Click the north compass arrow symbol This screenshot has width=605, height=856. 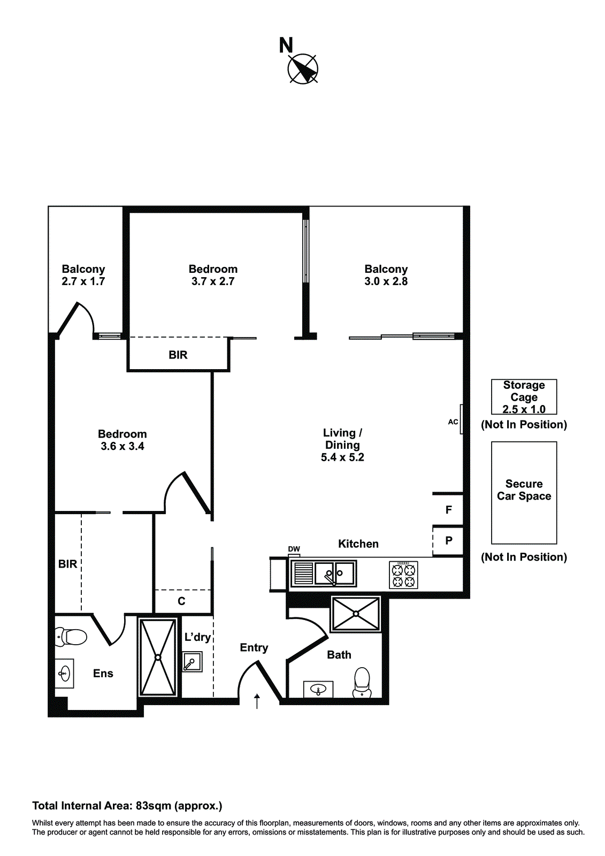click(303, 69)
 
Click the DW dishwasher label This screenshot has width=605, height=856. click(294, 549)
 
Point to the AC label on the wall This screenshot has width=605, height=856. click(453, 422)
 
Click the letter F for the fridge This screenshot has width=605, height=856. click(449, 510)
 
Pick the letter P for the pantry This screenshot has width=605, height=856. click(449, 540)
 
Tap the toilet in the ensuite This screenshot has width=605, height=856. click(71, 637)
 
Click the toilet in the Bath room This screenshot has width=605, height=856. click(362, 682)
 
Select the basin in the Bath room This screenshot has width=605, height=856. click(318, 690)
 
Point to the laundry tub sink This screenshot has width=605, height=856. click(192, 662)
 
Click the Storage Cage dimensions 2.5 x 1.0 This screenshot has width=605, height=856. click(524, 409)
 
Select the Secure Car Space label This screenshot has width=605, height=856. click(524, 490)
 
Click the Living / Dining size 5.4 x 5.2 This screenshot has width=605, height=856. click(342, 457)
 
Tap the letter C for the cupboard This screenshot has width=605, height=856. click(181, 601)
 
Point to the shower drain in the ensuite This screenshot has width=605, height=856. click(158, 657)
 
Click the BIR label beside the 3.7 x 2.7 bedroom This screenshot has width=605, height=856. click(178, 355)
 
